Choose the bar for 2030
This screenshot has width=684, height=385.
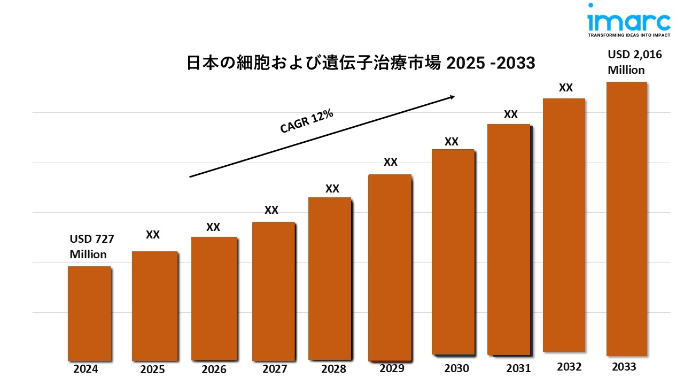(453, 251)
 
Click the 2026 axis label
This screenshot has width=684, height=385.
(214, 369)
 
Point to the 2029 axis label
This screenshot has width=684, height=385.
(392, 368)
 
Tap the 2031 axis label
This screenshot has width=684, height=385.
(518, 368)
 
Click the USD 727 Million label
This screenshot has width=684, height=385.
(92, 247)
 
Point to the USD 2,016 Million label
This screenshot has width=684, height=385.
(631, 62)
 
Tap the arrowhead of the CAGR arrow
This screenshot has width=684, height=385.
(452, 97)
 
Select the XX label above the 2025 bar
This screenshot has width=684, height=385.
(153, 235)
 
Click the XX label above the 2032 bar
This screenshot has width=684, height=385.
(565, 88)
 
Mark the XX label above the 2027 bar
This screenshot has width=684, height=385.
(271, 210)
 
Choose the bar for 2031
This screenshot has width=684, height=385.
(508, 239)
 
